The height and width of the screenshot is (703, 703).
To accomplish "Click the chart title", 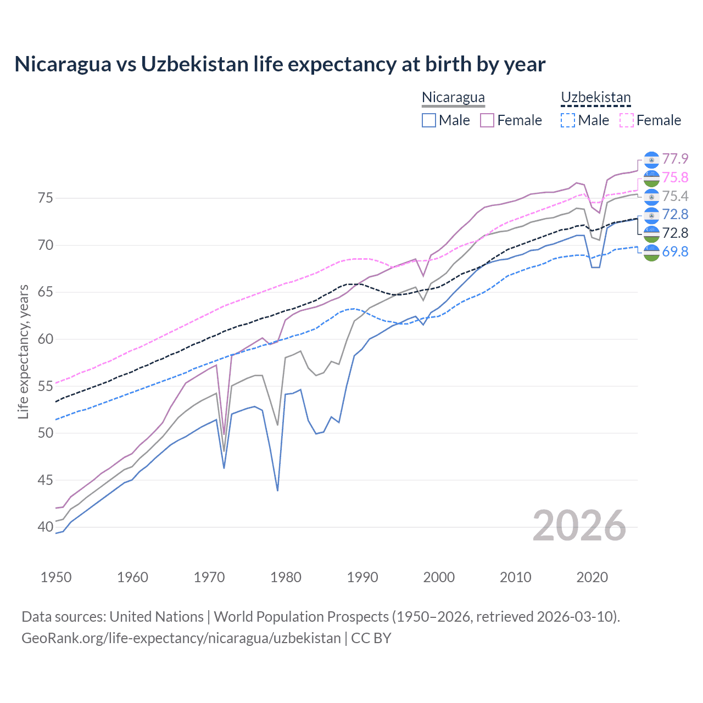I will pyautogui.click(x=280, y=64).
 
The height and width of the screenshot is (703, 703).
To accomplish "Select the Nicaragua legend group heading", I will pyautogui.click(x=453, y=98).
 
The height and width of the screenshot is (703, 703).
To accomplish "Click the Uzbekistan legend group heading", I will pyautogui.click(x=595, y=98).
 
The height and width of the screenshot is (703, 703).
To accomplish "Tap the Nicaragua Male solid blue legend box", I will pyautogui.click(x=429, y=120).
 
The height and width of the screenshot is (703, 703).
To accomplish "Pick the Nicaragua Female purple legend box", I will pyautogui.click(x=487, y=120).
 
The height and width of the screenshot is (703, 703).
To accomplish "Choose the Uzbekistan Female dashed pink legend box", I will pyautogui.click(x=626, y=120).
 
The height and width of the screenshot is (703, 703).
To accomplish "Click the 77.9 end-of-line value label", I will pyautogui.click(x=675, y=159).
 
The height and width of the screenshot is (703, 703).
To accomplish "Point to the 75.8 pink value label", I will pyautogui.click(x=675, y=177).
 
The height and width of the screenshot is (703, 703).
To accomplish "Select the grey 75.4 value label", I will pyautogui.click(x=675, y=196).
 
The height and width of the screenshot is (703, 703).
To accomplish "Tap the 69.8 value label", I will pyautogui.click(x=675, y=252).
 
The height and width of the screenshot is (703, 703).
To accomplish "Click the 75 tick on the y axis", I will pyautogui.click(x=46, y=198).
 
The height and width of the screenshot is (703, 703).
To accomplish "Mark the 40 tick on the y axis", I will pyautogui.click(x=46, y=527).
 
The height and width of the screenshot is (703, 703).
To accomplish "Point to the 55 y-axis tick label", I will pyautogui.click(x=46, y=386).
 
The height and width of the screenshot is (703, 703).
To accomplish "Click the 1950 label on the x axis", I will pyautogui.click(x=56, y=577).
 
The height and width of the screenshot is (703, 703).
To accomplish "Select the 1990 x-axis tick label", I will pyautogui.click(x=362, y=577).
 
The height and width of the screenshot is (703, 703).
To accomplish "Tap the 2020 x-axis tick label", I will pyautogui.click(x=592, y=577).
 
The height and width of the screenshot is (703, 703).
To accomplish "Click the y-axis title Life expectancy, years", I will pyautogui.click(x=23, y=351).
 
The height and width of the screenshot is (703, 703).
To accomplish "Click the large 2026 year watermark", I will pyautogui.click(x=579, y=526).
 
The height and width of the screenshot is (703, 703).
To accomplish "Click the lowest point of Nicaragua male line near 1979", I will pyautogui.click(x=277, y=490).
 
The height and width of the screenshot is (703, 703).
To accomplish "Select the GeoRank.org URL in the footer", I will pyautogui.click(x=181, y=638).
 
